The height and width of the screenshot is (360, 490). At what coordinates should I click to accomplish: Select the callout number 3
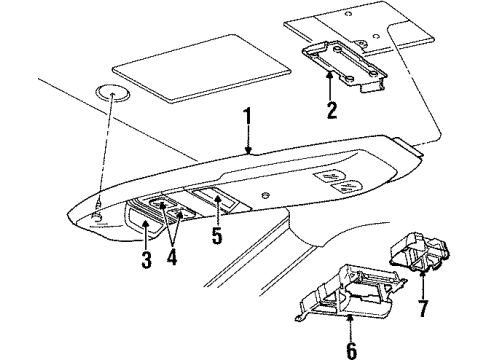click(145, 261)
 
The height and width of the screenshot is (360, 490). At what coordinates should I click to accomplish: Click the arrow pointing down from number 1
click(247, 149)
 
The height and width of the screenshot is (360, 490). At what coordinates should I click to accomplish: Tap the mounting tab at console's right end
click(410, 148)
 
